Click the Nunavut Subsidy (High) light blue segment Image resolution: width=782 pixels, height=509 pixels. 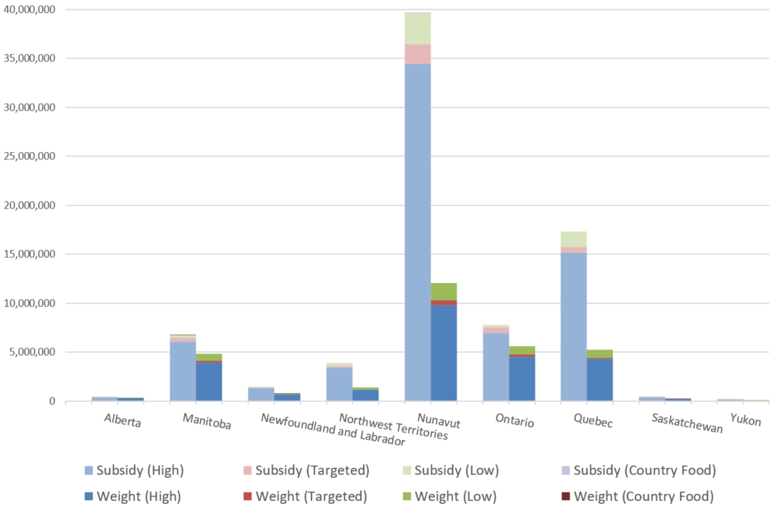click(x=417, y=232)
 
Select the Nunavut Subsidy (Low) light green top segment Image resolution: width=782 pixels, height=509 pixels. click(x=417, y=28)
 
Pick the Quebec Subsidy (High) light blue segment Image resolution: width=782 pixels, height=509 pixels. click(x=573, y=326)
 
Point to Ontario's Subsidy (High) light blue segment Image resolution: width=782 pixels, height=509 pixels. click(x=496, y=366)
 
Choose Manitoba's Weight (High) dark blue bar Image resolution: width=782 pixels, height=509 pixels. click(x=209, y=381)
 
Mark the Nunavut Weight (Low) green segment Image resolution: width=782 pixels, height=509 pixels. click(x=444, y=291)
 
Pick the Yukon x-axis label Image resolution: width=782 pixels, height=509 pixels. click(x=746, y=419)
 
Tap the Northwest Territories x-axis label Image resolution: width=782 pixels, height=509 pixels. click(x=394, y=427)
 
